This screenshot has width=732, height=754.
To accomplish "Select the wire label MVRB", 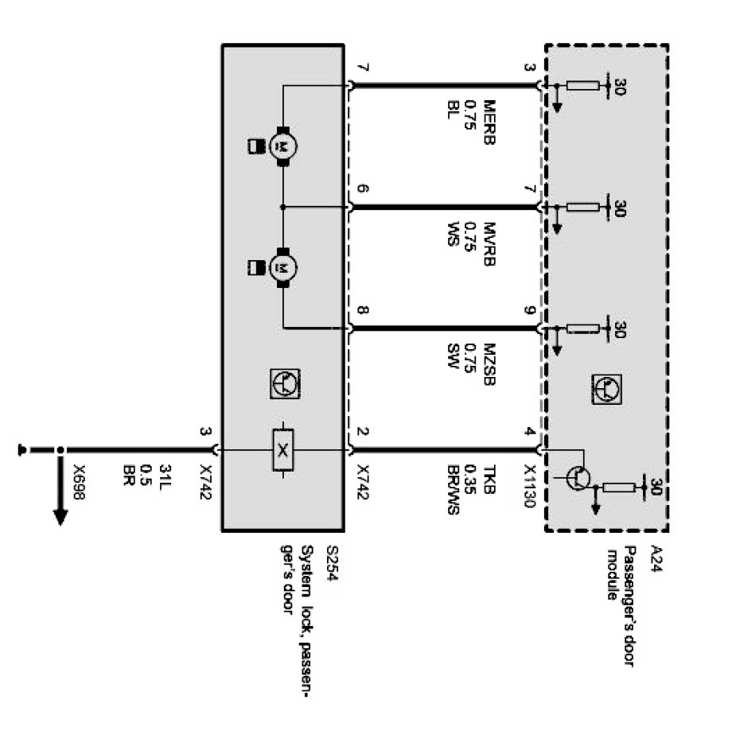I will [489, 244].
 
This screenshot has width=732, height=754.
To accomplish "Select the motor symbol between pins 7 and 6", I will [282, 146].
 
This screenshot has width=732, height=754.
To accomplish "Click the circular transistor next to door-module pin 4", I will [580, 476].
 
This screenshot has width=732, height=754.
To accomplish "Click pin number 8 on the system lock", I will [363, 311].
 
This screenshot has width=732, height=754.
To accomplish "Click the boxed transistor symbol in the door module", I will [607, 387].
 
